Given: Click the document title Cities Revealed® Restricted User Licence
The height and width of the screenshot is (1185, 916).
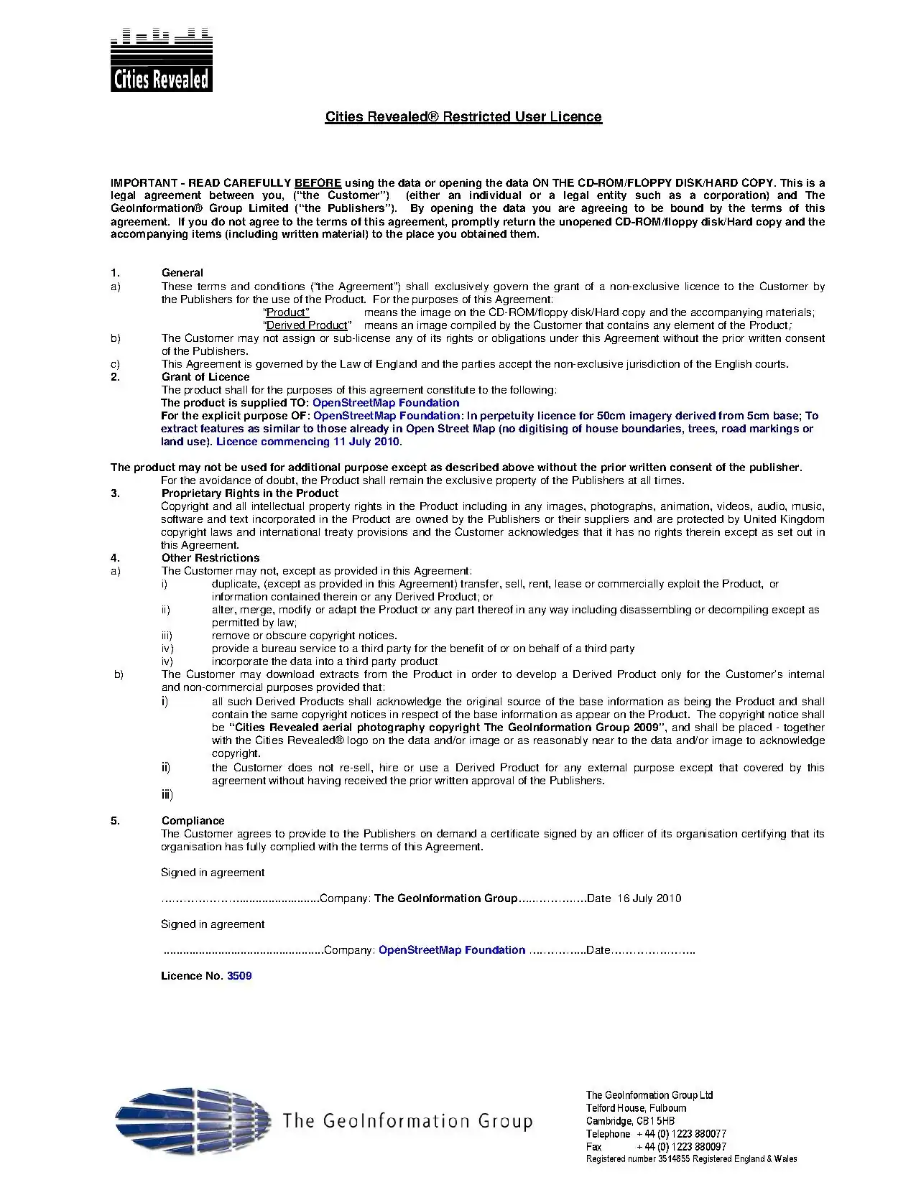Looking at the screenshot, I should [x=463, y=117].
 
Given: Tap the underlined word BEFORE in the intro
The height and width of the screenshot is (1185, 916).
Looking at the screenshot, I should [x=318, y=182].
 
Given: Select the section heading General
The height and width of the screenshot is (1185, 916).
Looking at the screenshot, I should [x=182, y=273].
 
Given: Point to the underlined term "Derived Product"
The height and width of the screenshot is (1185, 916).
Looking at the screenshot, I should [x=307, y=325].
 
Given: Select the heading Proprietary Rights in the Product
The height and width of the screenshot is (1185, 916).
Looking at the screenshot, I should [x=249, y=493].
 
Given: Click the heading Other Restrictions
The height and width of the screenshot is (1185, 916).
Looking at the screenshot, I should [x=211, y=558].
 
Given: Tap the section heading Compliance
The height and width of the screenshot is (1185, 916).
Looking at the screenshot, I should [x=193, y=821].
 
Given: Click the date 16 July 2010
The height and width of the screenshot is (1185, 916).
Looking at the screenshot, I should [x=649, y=898].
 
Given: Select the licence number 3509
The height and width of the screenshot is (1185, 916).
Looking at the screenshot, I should [x=239, y=976].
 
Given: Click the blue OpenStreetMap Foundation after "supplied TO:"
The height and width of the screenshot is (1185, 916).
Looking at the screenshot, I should [x=386, y=403].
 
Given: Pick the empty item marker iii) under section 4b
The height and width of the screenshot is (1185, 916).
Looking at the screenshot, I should [x=167, y=794].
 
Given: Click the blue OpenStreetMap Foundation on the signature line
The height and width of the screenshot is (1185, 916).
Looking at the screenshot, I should [x=451, y=950].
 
